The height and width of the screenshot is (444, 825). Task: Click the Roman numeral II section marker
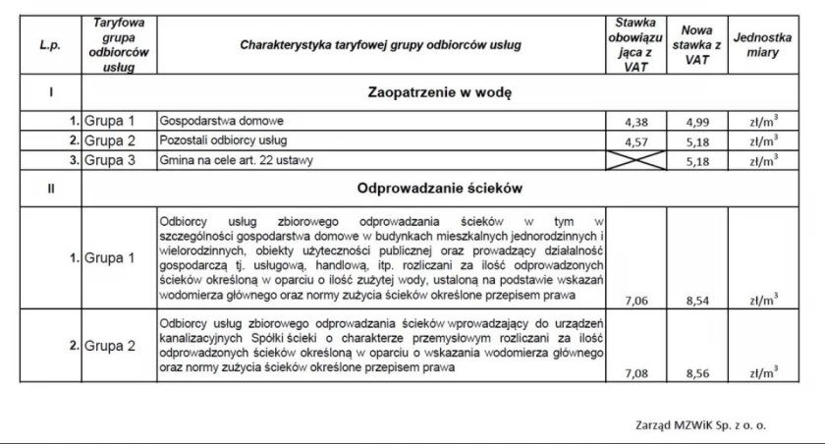pyautogui.click(x=49, y=187)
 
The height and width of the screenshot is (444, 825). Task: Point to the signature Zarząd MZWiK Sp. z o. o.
pyautogui.click(x=700, y=425)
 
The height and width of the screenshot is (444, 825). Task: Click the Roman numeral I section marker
pyautogui.click(x=49, y=93)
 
